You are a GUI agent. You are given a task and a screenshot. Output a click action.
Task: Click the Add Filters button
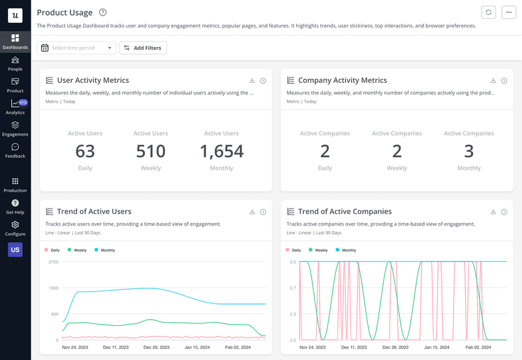[143, 48]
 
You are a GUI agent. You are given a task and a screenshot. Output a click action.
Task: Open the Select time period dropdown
[76, 48]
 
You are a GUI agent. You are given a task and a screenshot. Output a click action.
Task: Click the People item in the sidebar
[15, 63]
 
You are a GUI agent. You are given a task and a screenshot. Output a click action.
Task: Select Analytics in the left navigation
[15, 107]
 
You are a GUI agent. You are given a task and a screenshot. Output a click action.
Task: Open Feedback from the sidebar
[15, 151]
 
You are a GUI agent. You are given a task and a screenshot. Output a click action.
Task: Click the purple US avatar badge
[15, 250]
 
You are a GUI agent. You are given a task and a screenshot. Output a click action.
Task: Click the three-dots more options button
[509, 12]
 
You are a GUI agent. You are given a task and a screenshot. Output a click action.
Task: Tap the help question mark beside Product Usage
[102, 12]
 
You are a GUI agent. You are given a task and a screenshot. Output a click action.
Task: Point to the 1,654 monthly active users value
[221, 151]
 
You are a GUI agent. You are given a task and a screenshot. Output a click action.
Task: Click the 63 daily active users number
[85, 151]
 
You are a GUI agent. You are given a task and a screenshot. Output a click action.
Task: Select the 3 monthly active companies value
[468, 151]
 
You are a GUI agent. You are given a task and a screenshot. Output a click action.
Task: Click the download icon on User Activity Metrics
[253, 81]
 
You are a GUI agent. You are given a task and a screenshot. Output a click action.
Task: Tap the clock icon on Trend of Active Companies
[504, 212]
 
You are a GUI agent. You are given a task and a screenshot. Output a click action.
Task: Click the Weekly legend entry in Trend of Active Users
[77, 250]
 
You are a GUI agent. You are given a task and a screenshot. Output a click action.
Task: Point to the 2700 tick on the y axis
[54, 262]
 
